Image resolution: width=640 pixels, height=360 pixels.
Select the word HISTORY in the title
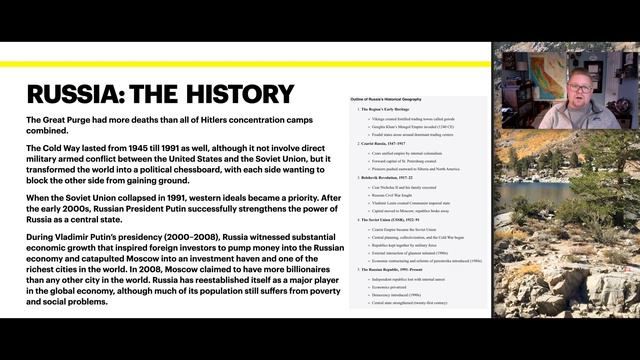coord(240,95)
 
